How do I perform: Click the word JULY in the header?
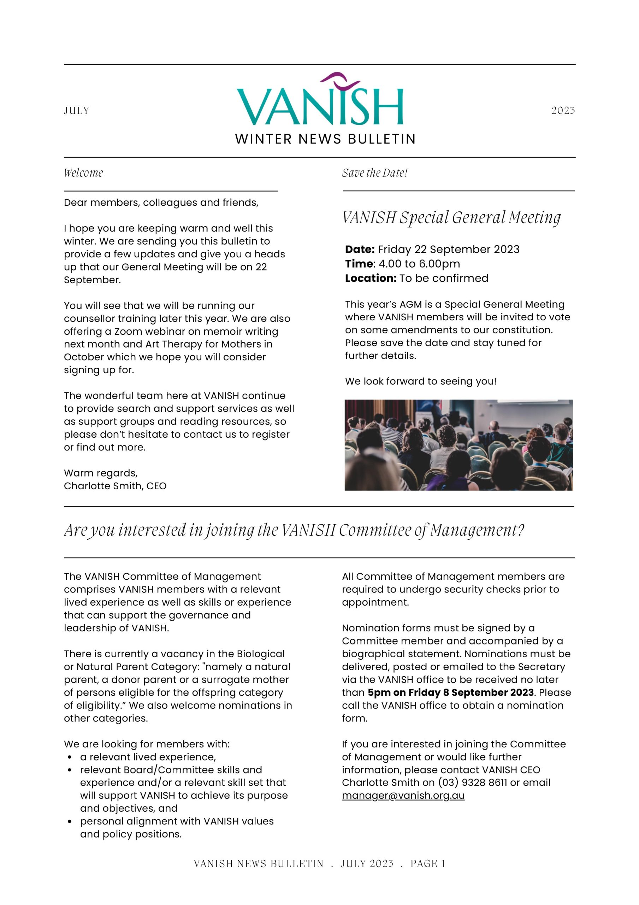pyautogui.click(x=76, y=110)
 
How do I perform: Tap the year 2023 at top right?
pyautogui.click(x=563, y=110)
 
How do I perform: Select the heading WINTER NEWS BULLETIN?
pyautogui.click(x=325, y=139)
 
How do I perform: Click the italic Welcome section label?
pyautogui.click(x=83, y=173)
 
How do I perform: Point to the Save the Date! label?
pyautogui.click(x=375, y=173)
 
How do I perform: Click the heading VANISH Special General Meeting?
pyautogui.click(x=451, y=217)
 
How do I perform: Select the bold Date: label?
pyautogui.click(x=359, y=249)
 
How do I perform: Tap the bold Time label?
pyautogui.click(x=359, y=264)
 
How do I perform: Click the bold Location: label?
pyautogui.click(x=370, y=278)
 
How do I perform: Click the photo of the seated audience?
pyautogui.click(x=458, y=445)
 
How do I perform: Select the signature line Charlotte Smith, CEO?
pyautogui.click(x=115, y=486)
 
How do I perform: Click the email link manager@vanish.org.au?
pyautogui.click(x=403, y=795)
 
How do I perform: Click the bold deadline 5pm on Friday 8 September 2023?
pyautogui.click(x=451, y=693)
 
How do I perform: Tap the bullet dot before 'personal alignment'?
pyautogui.click(x=70, y=822)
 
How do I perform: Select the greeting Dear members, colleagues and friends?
pyautogui.click(x=161, y=203)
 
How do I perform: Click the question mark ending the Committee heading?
pyautogui.click(x=521, y=530)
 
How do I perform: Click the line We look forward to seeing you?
pyautogui.click(x=420, y=381)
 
